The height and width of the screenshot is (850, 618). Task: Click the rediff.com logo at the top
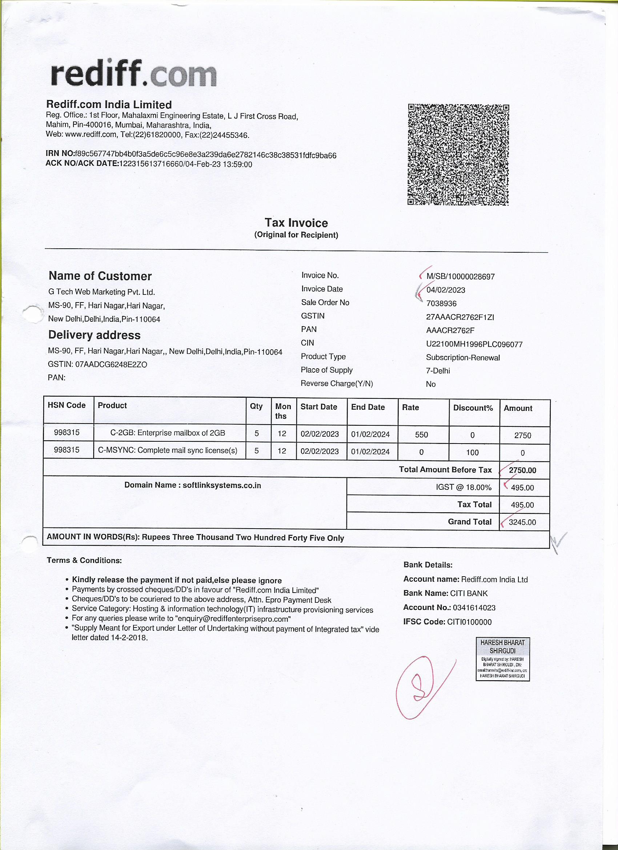133,73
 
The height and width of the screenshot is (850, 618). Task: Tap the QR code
458,155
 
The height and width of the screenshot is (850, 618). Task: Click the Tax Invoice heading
296,222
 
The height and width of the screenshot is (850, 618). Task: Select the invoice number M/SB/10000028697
460,277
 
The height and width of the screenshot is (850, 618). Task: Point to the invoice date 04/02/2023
446,290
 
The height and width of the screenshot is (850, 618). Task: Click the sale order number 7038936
441,304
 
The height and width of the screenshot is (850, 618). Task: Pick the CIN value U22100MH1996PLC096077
474,344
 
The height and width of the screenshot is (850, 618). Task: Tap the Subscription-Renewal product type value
463,357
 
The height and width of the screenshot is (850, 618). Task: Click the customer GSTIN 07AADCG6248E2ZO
111,364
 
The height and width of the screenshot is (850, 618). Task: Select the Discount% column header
473,408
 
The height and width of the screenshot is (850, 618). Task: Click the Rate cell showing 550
421,435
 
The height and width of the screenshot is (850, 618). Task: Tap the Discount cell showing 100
472,452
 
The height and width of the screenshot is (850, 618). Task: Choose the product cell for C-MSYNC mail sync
168,450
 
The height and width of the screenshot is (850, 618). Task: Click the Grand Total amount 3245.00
522,522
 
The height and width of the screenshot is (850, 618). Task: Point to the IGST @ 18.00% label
463,487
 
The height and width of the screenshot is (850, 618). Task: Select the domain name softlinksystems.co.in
221,485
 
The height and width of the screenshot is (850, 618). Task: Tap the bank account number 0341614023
474,608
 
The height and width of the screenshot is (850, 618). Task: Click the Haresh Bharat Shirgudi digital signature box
502,659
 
